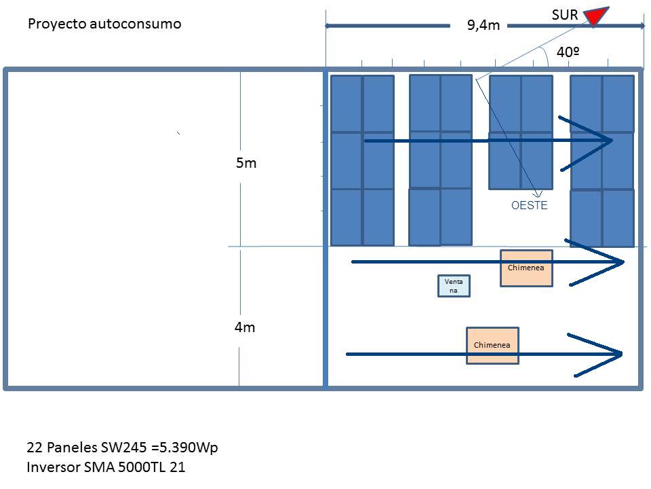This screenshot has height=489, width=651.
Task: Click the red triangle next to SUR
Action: click(x=596, y=16)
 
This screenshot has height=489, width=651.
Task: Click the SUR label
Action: click(x=565, y=15)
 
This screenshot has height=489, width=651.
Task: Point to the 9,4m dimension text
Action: click(x=484, y=25)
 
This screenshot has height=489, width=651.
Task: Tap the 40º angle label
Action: click(x=568, y=52)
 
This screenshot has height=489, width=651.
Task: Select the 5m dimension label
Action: click(x=246, y=162)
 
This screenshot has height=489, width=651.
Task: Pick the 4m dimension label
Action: click(x=245, y=327)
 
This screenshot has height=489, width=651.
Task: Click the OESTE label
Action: click(x=530, y=205)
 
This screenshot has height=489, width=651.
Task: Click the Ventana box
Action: click(x=454, y=286)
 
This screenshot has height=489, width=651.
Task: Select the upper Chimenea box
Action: click(x=526, y=268)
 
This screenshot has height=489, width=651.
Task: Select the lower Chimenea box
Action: click(x=492, y=346)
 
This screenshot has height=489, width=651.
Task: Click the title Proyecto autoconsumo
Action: click(x=104, y=24)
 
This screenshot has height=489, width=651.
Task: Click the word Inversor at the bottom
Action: click(x=53, y=467)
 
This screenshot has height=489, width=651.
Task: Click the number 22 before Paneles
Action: click(x=35, y=448)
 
